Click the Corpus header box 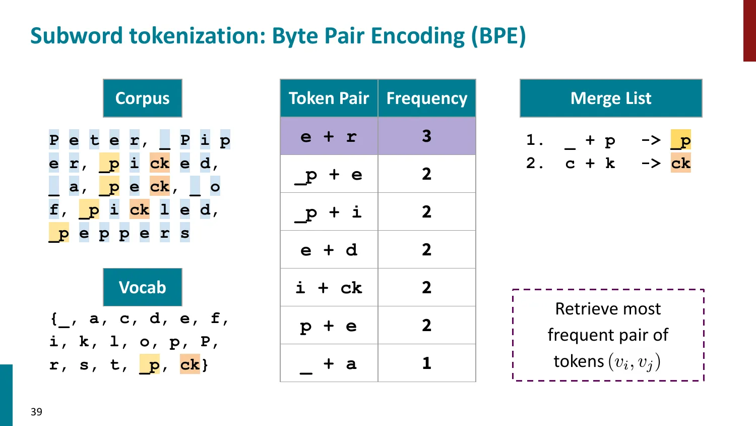click(143, 98)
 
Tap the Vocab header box click(143, 287)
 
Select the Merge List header click(611, 98)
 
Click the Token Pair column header click(329, 98)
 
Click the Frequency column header click(426, 98)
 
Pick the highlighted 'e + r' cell click(329, 136)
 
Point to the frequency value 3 click(426, 136)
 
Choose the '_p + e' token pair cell click(329, 174)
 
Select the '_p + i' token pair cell click(329, 212)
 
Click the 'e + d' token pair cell click(329, 250)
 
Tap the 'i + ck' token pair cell click(329, 288)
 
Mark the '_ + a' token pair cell click(329, 363)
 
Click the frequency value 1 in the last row click(426, 363)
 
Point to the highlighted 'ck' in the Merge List click(680, 163)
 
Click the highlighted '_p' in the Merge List click(680, 140)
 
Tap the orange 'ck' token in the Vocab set click(190, 364)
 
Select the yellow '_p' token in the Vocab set click(150, 364)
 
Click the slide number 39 click(36, 412)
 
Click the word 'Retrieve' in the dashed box click(579, 309)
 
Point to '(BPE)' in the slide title click(498, 36)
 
